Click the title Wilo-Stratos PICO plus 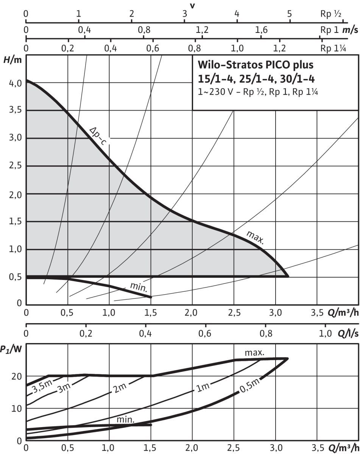256,65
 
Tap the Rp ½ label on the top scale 330,14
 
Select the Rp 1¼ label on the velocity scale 331,48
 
